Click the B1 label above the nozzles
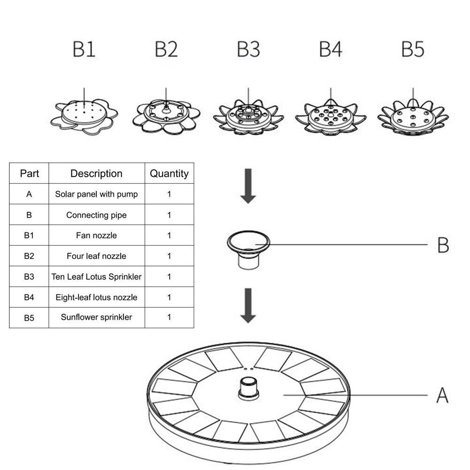(x=84, y=49)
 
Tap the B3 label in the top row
(x=248, y=49)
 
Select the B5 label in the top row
(x=413, y=49)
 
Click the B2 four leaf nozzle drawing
(x=166, y=116)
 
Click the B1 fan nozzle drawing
(x=84, y=116)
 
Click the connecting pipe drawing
(x=248, y=249)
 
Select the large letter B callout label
(x=443, y=245)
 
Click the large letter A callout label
(x=442, y=395)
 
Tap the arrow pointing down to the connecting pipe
(x=248, y=185)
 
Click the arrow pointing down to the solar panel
(x=248, y=305)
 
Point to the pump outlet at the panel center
(x=248, y=388)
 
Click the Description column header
(x=96, y=173)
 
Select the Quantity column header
(x=169, y=173)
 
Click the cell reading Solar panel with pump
(x=96, y=194)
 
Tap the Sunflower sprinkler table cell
(x=96, y=317)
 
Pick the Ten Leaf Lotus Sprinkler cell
(x=96, y=277)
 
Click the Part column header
(x=29, y=173)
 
